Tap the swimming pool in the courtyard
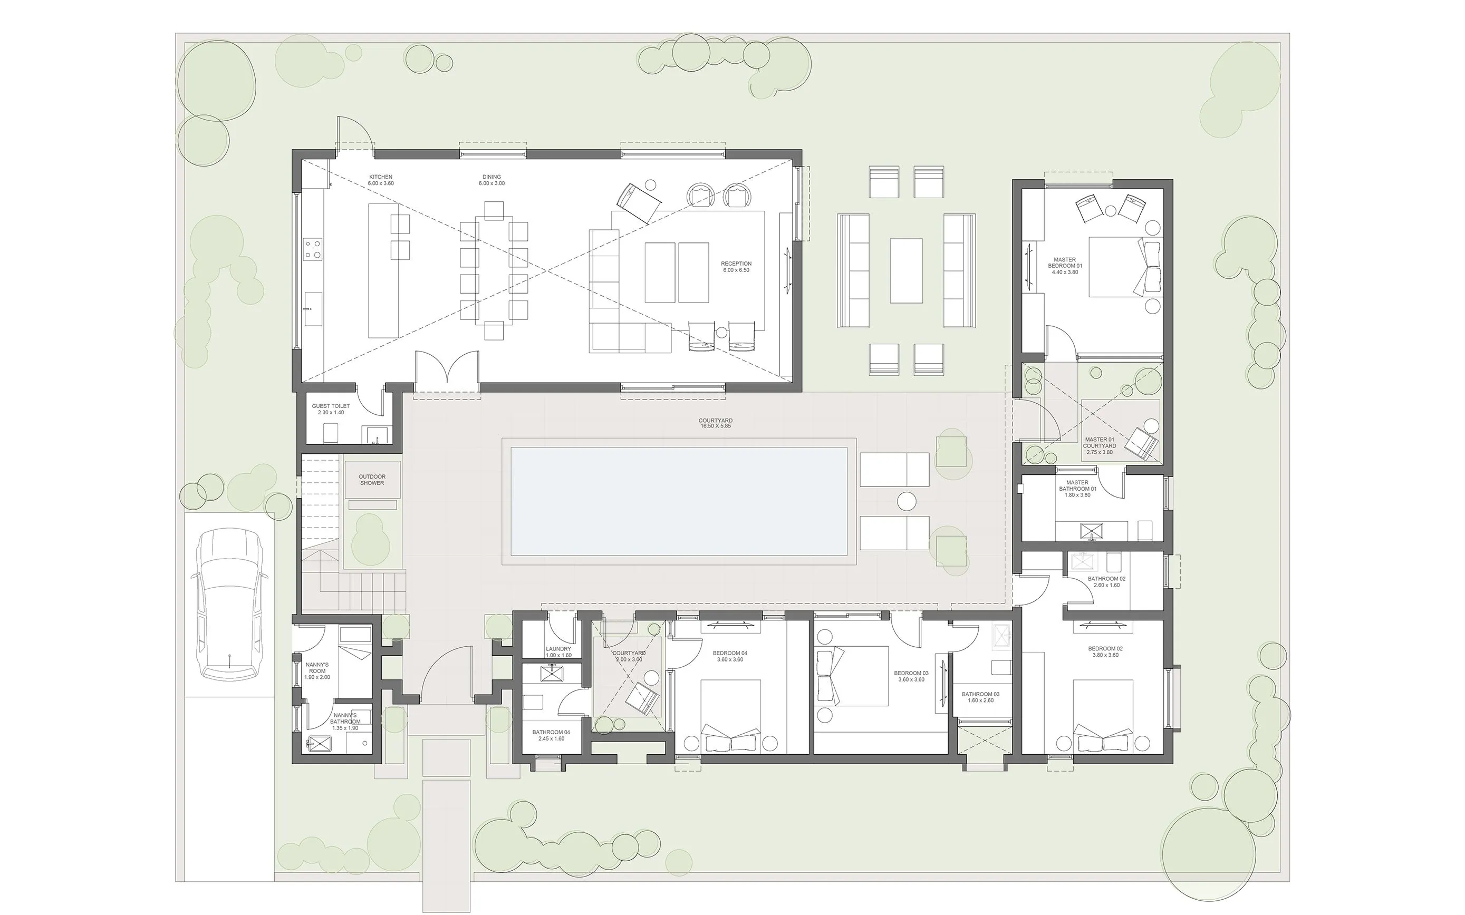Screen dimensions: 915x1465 (x=679, y=501)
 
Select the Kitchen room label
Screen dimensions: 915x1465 (x=381, y=180)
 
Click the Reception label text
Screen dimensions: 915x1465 (x=736, y=267)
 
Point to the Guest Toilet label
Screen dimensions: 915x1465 (x=331, y=409)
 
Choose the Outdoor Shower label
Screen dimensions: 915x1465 (x=372, y=480)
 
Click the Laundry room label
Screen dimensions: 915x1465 (x=558, y=652)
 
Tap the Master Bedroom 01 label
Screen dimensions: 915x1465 (x=1065, y=266)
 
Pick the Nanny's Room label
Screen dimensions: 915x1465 (x=317, y=671)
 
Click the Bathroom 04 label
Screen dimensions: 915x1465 (x=551, y=735)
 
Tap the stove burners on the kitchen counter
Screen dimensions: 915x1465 (x=312, y=249)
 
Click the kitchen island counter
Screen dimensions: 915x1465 (x=384, y=270)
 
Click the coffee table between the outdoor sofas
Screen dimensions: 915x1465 (x=905, y=270)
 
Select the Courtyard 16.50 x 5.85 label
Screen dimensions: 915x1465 (x=715, y=423)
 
